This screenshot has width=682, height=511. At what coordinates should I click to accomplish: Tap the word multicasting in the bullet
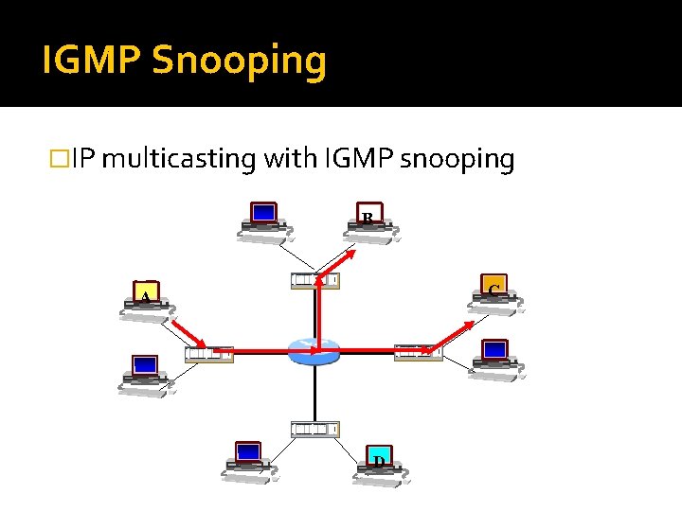coord(178,159)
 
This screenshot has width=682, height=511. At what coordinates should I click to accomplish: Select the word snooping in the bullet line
coord(458,159)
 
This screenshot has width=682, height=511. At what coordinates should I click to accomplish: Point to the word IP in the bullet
coord(83,159)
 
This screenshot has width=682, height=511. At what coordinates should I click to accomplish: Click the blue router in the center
coord(314,352)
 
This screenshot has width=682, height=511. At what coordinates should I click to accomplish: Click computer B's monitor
coord(370,217)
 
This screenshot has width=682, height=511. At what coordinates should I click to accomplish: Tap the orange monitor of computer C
coord(494,289)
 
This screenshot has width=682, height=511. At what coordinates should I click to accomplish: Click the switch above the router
coord(315,280)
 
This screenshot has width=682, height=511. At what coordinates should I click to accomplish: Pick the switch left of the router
coord(209,354)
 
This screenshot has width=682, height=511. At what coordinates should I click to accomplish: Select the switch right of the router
coord(418,352)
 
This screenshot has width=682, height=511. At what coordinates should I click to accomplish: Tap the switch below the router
coord(315,430)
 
